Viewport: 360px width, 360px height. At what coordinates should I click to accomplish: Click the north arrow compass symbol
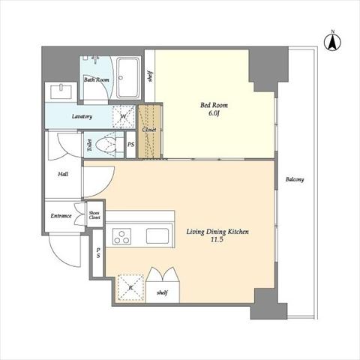click(332, 41)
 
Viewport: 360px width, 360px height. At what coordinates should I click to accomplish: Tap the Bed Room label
click(214, 105)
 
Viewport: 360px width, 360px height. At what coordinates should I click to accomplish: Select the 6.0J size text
click(214, 113)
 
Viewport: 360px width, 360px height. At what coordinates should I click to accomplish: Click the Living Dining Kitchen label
click(217, 232)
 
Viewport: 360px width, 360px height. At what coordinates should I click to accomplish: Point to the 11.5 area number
click(217, 240)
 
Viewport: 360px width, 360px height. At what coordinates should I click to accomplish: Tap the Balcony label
click(295, 179)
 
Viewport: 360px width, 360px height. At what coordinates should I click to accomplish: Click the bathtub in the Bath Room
click(128, 78)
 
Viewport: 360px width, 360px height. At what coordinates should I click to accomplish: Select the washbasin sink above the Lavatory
click(61, 91)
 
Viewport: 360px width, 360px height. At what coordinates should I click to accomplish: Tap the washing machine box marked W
click(124, 117)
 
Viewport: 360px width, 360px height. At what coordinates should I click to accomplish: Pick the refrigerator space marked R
click(130, 287)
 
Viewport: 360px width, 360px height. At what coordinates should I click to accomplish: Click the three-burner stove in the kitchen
click(121, 236)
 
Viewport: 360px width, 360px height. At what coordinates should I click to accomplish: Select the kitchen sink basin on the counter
click(157, 236)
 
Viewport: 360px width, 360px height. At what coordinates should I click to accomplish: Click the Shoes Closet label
click(94, 215)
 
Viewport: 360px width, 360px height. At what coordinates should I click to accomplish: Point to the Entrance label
click(61, 216)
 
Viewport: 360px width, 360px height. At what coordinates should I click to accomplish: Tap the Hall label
click(63, 174)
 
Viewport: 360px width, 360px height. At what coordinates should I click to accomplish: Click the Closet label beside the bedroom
click(149, 130)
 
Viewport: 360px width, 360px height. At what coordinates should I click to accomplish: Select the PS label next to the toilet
click(131, 145)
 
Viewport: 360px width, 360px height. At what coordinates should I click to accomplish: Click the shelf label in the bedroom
click(150, 76)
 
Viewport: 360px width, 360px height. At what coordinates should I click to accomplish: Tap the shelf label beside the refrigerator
click(162, 292)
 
